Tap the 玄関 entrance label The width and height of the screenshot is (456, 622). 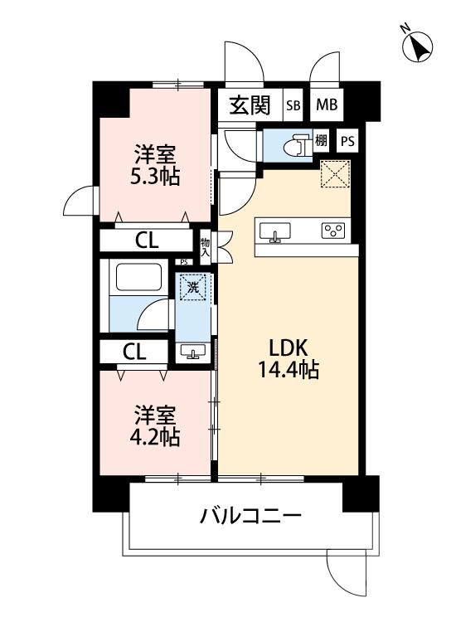249,105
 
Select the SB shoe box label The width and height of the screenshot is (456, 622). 293,105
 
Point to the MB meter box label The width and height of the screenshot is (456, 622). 326,105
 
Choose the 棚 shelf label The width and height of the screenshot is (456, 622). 320,141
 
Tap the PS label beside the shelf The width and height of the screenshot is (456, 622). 347,141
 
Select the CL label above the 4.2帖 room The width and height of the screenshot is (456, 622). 134,351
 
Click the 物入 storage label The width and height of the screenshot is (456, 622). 205,246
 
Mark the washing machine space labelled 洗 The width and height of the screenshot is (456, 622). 192,289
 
